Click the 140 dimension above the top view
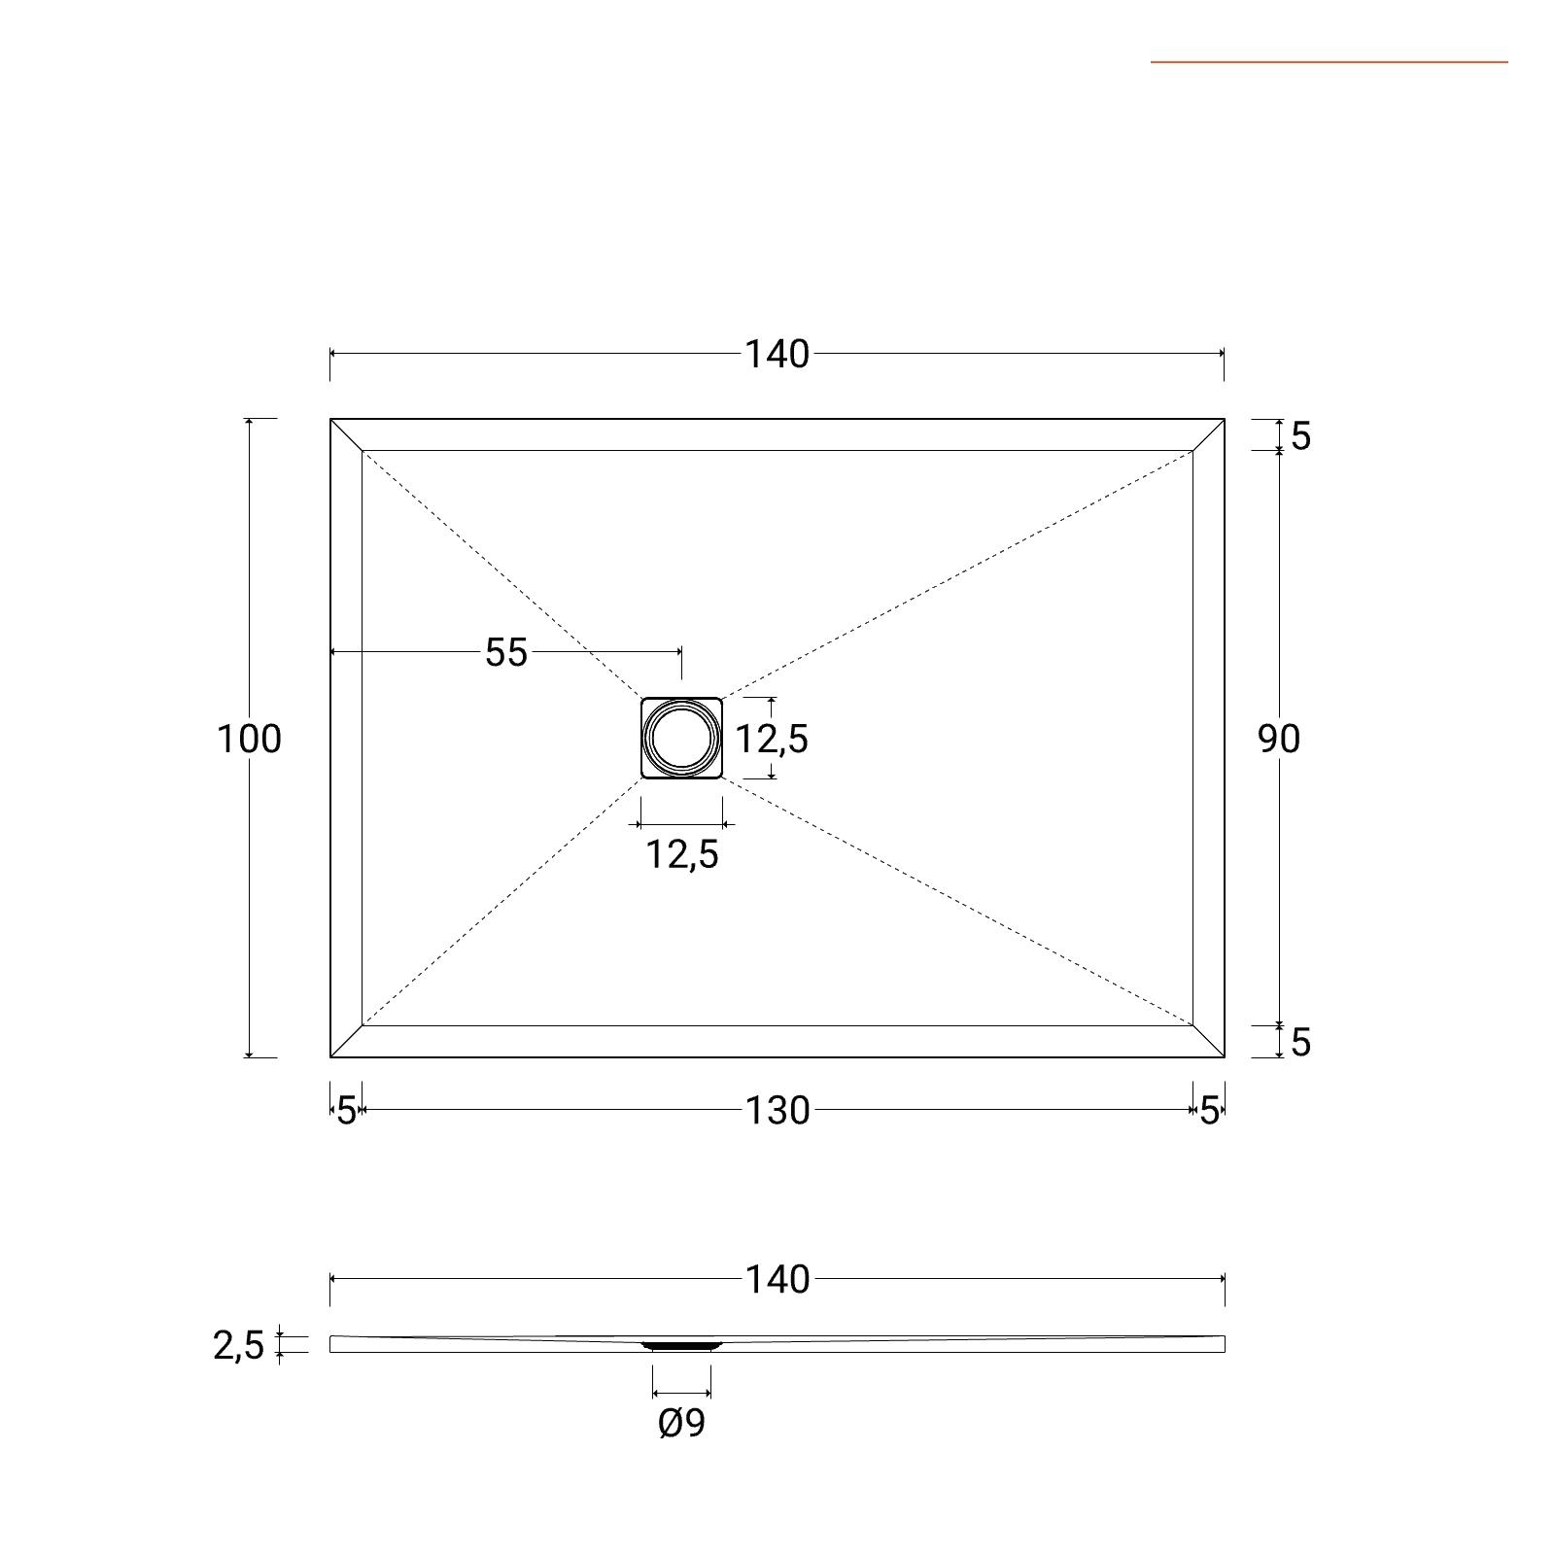tap(777, 355)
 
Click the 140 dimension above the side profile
tap(777, 1280)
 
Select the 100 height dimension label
tap(249, 740)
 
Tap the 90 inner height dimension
tap(1279, 740)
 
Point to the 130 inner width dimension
tap(777, 1111)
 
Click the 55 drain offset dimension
tap(506, 653)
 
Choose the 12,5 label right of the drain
tap(772, 740)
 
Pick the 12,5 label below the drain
tap(682, 854)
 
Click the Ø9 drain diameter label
tap(682, 1423)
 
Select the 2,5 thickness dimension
tap(239, 1346)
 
